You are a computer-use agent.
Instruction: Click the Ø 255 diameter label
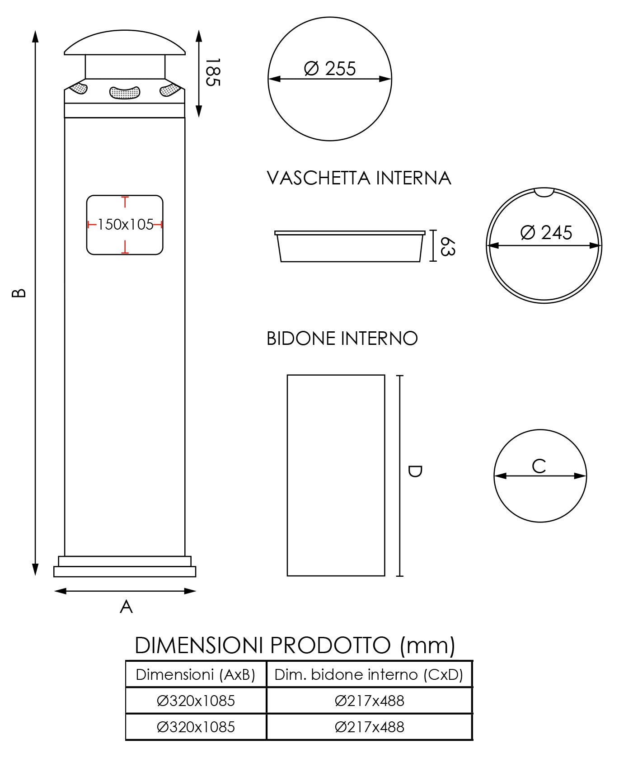(x=330, y=69)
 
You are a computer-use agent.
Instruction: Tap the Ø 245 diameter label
(x=546, y=232)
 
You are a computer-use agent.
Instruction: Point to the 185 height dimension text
(x=212, y=72)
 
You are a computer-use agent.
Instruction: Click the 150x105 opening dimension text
(x=125, y=224)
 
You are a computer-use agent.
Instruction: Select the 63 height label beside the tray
(x=446, y=246)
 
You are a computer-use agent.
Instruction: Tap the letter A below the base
(x=126, y=607)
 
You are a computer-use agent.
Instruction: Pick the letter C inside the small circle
(x=539, y=466)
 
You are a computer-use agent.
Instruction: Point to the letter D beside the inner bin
(x=414, y=471)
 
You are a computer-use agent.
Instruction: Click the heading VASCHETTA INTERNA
(x=359, y=178)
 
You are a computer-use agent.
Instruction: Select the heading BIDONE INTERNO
(x=342, y=339)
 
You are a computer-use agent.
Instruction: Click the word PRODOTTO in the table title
(x=330, y=645)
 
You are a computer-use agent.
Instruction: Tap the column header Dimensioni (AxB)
(x=196, y=674)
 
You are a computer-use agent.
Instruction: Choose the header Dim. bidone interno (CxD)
(x=369, y=674)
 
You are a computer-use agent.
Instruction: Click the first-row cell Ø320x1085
(x=196, y=701)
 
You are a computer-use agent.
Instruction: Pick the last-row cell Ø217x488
(x=369, y=727)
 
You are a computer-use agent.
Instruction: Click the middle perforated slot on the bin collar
(x=125, y=92)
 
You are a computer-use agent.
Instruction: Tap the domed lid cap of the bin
(x=125, y=43)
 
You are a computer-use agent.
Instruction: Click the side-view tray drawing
(x=350, y=247)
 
